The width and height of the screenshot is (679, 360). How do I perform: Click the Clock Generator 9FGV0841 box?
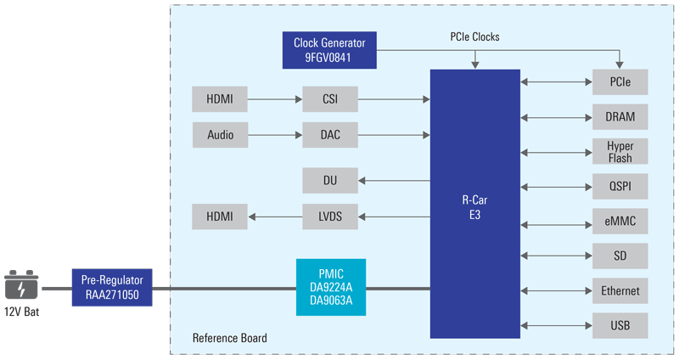pyautogui.click(x=329, y=51)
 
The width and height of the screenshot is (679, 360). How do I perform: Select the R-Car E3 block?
pyautogui.click(x=474, y=204)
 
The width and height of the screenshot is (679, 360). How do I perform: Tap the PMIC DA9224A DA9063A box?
pyautogui.click(x=331, y=287)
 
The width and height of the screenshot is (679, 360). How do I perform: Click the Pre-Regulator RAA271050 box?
pyautogui.click(x=112, y=287)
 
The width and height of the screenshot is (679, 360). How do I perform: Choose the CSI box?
pyautogui.click(x=330, y=99)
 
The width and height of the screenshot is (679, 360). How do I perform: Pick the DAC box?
pyautogui.click(x=330, y=134)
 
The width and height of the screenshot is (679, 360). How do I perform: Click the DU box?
pyautogui.click(x=330, y=180)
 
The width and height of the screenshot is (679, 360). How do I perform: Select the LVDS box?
pyautogui.click(x=330, y=216)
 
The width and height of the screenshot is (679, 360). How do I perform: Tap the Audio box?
pyautogui.click(x=220, y=134)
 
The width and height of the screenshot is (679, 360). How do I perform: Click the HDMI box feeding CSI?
pyautogui.click(x=220, y=99)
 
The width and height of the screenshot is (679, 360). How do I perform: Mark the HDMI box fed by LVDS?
pyautogui.click(x=220, y=216)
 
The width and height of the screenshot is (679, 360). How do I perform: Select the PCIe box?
pyautogui.click(x=620, y=82)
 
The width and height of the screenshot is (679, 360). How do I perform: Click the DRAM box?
pyautogui.click(x=620, y=116)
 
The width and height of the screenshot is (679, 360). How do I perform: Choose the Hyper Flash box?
pyautogui.click(x=620, y=151)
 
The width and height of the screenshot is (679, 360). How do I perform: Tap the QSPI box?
pyautogui.click(x=620, y=186)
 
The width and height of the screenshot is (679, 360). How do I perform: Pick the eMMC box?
pyautogui.click(x=620, y=222)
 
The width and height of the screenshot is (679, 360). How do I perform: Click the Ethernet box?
pyautogui.click(x=620, y=290)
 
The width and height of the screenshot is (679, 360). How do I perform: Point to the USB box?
pyautogui.click(x=620, y=325)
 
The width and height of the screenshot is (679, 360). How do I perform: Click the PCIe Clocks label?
pyautogui.click(x=474, y=37)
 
